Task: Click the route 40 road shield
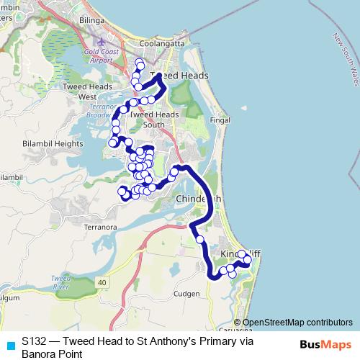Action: click(103, 282)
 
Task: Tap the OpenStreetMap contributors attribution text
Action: click(297, 323)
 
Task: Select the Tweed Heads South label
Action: click(154, 119)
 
